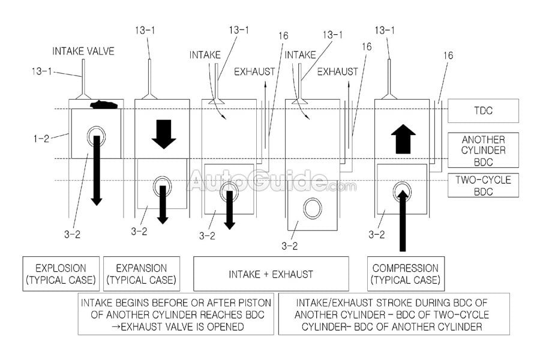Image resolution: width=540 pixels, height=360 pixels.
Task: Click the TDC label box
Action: coord(483,110)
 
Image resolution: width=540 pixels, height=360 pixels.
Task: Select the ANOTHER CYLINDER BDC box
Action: coord(483,150)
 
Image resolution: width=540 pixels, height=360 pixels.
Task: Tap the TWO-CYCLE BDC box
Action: coord(483,185)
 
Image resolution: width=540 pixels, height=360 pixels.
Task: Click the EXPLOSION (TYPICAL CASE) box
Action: coord(61,274)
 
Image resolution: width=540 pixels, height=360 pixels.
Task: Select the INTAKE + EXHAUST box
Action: coord(271,274)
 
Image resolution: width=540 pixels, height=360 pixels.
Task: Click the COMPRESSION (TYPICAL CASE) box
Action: coord(406,274)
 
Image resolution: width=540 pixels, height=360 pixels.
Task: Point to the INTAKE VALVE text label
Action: coord(83,52)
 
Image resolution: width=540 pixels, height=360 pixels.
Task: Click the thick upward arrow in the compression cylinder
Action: coord(403,139)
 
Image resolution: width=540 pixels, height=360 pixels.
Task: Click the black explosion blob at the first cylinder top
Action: coord(103,105)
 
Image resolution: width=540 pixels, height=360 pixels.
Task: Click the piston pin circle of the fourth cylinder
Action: coord(313,208)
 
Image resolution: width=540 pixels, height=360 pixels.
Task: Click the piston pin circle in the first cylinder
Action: coord(95,136)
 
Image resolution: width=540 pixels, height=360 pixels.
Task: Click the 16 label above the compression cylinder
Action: coord(448,55)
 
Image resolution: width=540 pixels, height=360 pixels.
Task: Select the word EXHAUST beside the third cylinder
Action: coord(254,72)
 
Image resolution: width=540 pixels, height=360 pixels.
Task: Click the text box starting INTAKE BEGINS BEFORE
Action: coord(176,313)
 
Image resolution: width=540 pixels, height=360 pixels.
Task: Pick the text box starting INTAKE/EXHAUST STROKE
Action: coord(394,313)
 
